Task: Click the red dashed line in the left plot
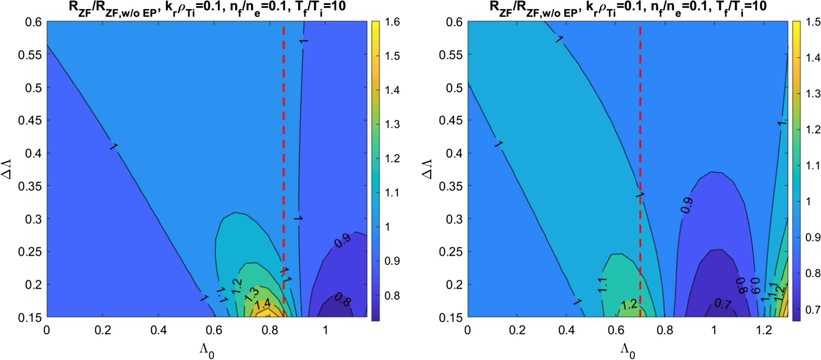click(x=284, y=158)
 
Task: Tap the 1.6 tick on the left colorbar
click(x=392, y=22)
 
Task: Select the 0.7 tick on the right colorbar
click(x=813, y=310)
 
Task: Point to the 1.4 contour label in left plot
click(x=262, y=304)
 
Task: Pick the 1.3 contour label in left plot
click(x=252, y=295)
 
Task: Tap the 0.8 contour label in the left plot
click(x=342, y=300)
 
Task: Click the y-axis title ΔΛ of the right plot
click(x=427, y=169)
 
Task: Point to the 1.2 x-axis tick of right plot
click(x=764, y=330)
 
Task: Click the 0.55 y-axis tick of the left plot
click(x=30, y=55)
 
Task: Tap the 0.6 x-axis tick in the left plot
click(x=214, y=330)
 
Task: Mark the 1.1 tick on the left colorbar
click(x=392, y=193)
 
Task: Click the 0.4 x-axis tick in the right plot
click(x=566, y=330)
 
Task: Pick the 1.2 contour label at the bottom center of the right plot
click(x=629, y=304)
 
